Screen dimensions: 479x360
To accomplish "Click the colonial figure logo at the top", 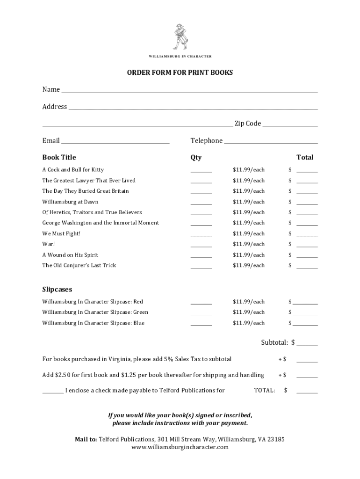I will click(180, 36).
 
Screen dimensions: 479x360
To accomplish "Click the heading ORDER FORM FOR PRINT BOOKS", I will click(180, 73).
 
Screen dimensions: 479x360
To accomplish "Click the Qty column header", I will click(196, 158).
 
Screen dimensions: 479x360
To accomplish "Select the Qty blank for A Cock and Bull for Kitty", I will click(201, 171).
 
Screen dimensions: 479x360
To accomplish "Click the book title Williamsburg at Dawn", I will click(70, 202).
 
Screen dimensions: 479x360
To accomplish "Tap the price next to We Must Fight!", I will click(249, 234).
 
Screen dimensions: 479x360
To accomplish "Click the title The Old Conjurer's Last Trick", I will click(79, 266).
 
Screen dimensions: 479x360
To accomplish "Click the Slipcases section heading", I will click(57, 290).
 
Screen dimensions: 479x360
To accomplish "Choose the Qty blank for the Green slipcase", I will click(201, 314).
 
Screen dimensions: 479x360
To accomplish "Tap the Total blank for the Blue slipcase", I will click(305, 325).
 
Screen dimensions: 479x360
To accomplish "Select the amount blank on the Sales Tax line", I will click(307, 361).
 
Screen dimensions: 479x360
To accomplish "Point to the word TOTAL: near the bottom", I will click(264, 391).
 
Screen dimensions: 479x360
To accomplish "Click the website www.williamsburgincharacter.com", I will click(180, 447).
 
